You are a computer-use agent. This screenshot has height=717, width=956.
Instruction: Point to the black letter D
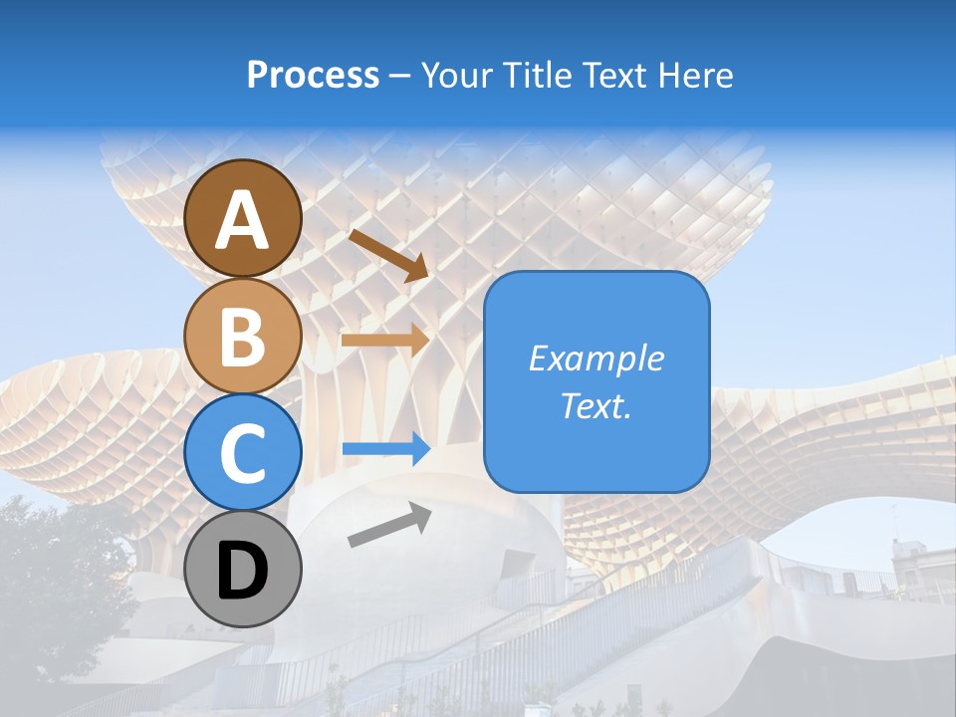[243, 571]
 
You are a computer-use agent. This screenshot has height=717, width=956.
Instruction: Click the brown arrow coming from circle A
[389, 255]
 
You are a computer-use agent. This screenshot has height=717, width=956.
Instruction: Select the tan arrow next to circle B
[384, 340]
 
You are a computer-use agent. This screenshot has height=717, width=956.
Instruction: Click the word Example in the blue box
[596, 358]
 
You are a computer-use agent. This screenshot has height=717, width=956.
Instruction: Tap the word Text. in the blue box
[596, 406]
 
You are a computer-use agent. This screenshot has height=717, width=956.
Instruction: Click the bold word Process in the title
[313, 76]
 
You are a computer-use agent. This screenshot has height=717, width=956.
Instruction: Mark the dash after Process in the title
[399, 77]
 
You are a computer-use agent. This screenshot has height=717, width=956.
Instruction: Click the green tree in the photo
[60, 578]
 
